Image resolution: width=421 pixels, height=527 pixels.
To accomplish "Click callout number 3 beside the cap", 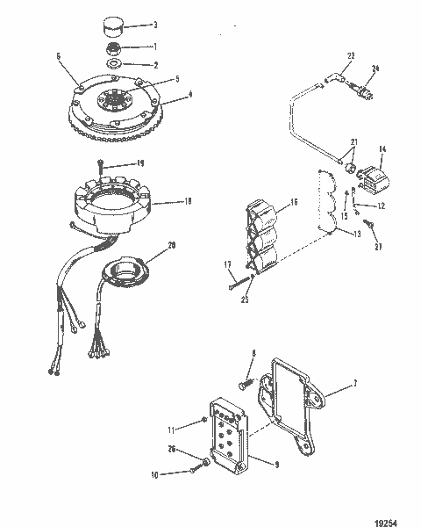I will click(x=154, y=25).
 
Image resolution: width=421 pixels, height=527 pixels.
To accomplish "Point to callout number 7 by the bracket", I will click(x=355, y=384).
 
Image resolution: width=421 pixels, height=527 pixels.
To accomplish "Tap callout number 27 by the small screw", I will click(x=377, y=248).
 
